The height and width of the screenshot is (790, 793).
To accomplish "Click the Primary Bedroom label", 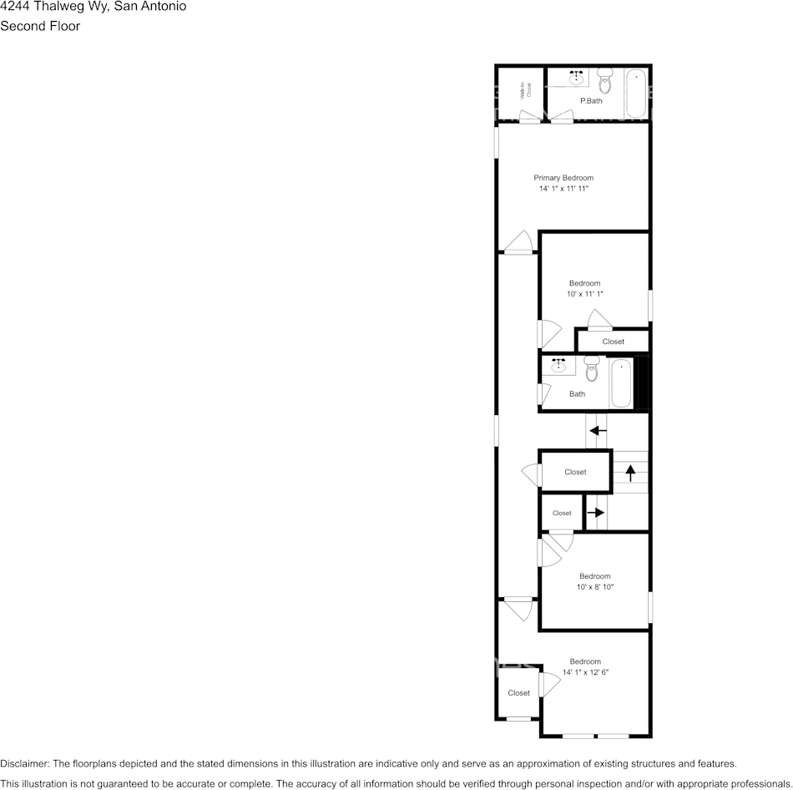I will [563, 178].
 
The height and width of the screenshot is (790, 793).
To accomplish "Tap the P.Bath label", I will [591, 101].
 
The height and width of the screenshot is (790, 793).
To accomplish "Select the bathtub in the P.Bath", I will [636, 94].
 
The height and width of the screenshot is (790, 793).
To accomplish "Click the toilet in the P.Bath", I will [606, 81].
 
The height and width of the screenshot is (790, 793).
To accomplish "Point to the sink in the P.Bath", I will [576, 79].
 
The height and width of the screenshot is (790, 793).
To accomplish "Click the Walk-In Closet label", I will [526, 91].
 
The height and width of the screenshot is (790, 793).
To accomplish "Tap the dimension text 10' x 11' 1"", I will [584, 294].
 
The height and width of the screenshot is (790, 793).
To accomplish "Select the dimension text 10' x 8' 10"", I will [595, 587].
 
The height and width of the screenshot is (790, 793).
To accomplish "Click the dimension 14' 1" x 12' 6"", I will [585, 672].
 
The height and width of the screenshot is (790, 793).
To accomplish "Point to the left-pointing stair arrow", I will [598, 431].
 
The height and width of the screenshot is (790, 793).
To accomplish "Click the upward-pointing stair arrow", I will [631, 472].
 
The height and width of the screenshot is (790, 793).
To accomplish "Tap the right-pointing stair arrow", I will [595, 513].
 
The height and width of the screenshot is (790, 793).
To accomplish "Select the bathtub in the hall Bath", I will [621, 383].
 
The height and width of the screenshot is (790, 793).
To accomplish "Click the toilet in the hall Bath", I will [592, 367].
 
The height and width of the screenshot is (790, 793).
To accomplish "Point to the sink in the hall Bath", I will [558, 366].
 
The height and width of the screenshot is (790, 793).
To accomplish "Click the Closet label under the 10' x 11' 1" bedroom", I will [613, 342].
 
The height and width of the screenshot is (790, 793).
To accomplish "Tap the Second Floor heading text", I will [40, 26].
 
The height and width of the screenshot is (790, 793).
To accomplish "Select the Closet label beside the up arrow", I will [575, 472].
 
